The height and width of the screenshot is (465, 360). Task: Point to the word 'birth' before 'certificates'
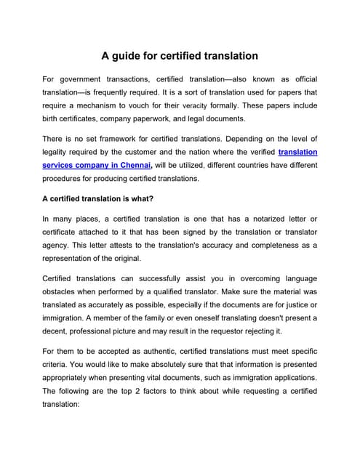pos(53,119)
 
